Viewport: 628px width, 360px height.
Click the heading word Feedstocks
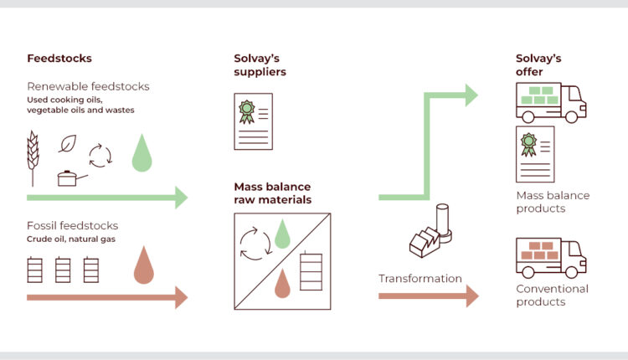pyautogui.click(x=59, y=59)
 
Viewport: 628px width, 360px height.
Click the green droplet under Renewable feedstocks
pyautogui.click(x=142, y=154)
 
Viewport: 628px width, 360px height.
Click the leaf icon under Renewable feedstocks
pyautogui.click(x=67, y=144)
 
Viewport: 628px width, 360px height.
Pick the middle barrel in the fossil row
pyautogui.click(x=63, y=270)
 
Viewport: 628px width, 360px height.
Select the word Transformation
pyautogui.click(x=420, y=279)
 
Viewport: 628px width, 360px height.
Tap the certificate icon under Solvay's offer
pyautogui.click(x=535, y=153)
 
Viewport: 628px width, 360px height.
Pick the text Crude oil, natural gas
pyautogui.click(x=69, y=240)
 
